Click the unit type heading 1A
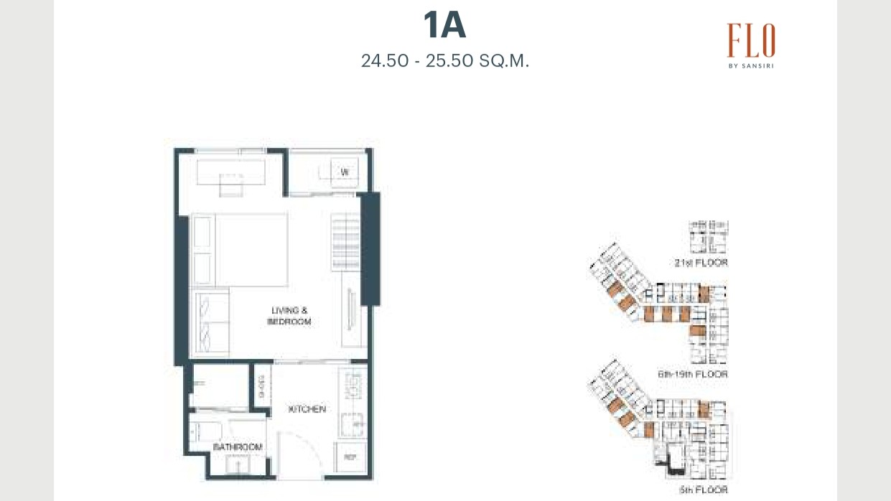click(444, 27)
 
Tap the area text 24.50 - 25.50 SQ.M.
click(445, 61)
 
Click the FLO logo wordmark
click(750, 40)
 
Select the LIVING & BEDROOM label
click(289, 316)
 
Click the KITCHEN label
click(307, 409)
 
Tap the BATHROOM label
click(238, 447)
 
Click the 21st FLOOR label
click(701, 263)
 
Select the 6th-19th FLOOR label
click(692, 375)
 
